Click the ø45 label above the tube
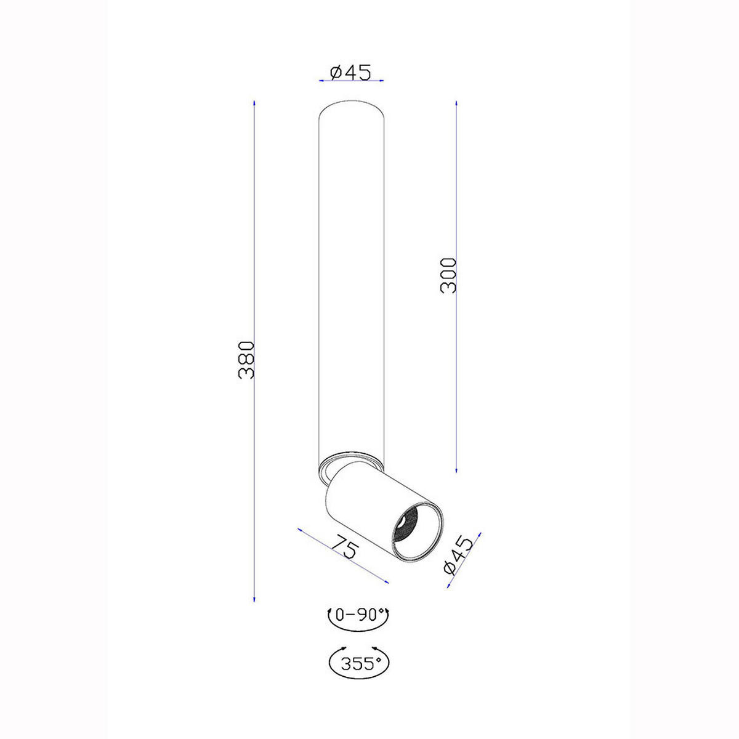(x=350, y=72)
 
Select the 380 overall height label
(x=246, y=360)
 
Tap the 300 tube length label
(x=448, y=275)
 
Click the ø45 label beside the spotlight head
(x=458, y=555)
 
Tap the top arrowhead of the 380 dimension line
(x=254, y=103)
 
